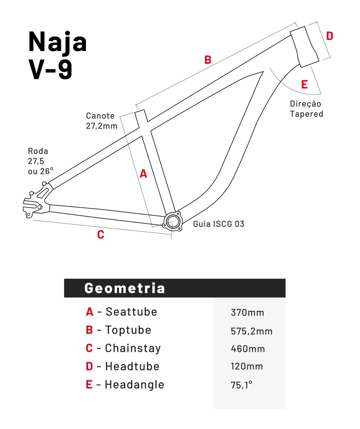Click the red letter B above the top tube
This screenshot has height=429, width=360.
tap(208, 60)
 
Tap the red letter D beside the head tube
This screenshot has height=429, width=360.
tap(330, 36)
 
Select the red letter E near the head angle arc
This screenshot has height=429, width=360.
tap(305, 85)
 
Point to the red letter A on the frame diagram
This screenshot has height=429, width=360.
tap(143, 174)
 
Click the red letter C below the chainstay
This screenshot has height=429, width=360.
tap(101, 235)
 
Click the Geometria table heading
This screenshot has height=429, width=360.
tap(125, 288)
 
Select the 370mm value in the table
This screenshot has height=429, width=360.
tap(248, 313)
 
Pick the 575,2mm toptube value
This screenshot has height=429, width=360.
tap(252, 331)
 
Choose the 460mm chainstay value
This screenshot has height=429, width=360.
tap(248, 349)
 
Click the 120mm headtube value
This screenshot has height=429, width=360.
tap(247, 367)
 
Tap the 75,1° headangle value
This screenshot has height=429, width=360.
tap(242, 385)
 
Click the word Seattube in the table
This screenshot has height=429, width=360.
tap(131, 312)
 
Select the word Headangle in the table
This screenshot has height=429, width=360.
tap(135, 385)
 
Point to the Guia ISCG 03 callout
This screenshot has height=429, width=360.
tap(219, 224)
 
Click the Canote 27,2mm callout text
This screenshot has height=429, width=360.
tap(101, 121)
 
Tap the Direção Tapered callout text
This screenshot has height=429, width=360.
tap(306, 109)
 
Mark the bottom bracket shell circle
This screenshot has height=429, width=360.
tap(172, 221)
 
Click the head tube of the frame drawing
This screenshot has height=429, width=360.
tap(305, 46)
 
